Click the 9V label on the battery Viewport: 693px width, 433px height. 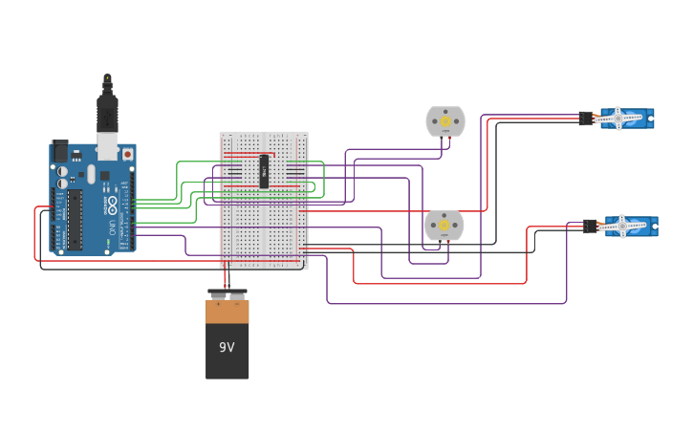(227, 347)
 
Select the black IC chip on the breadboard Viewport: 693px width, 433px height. (264, 171)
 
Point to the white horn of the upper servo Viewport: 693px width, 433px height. (619, 118)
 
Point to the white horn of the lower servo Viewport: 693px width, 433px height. (623, 226)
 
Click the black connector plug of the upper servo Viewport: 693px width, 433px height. (585, 118)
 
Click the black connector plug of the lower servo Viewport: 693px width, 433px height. (590, 227)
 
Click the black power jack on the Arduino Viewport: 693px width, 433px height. (60, 151)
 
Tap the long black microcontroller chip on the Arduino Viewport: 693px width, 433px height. (75, 219)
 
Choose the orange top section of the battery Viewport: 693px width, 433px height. (227, 311)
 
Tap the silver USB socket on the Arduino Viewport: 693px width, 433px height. (107, 148)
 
